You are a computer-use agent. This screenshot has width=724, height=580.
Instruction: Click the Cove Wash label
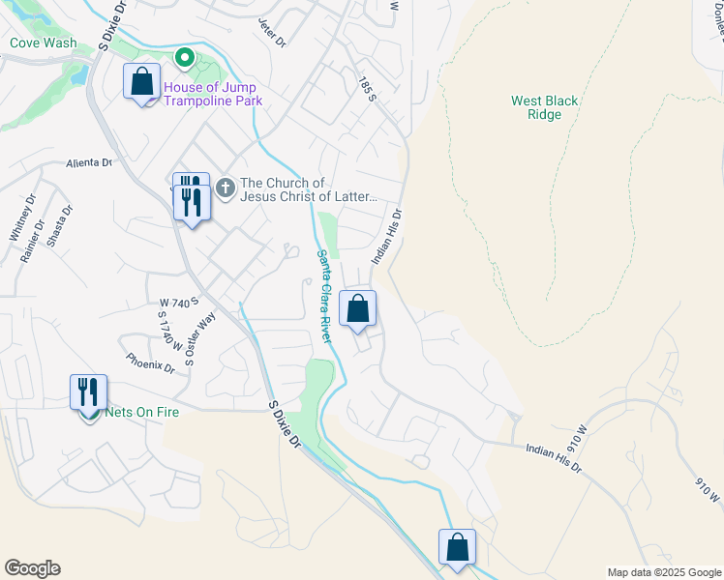[x=43, y=43]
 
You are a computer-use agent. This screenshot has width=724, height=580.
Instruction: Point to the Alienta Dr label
[x=90, y=162]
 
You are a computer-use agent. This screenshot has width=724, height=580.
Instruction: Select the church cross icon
[x=225, y=187]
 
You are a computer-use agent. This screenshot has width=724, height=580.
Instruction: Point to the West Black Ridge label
[x=544, y=107]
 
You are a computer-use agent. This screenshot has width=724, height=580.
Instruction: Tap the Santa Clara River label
[x=324, y=296]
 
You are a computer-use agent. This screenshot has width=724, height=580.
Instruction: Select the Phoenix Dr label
[x=150, y=362]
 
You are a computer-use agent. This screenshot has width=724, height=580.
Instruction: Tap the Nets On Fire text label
[x=142, y=412]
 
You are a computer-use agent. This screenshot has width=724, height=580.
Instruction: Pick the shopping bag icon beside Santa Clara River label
[x=357, y=309]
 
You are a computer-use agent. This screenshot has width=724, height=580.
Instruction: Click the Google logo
[x=32, y=568]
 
